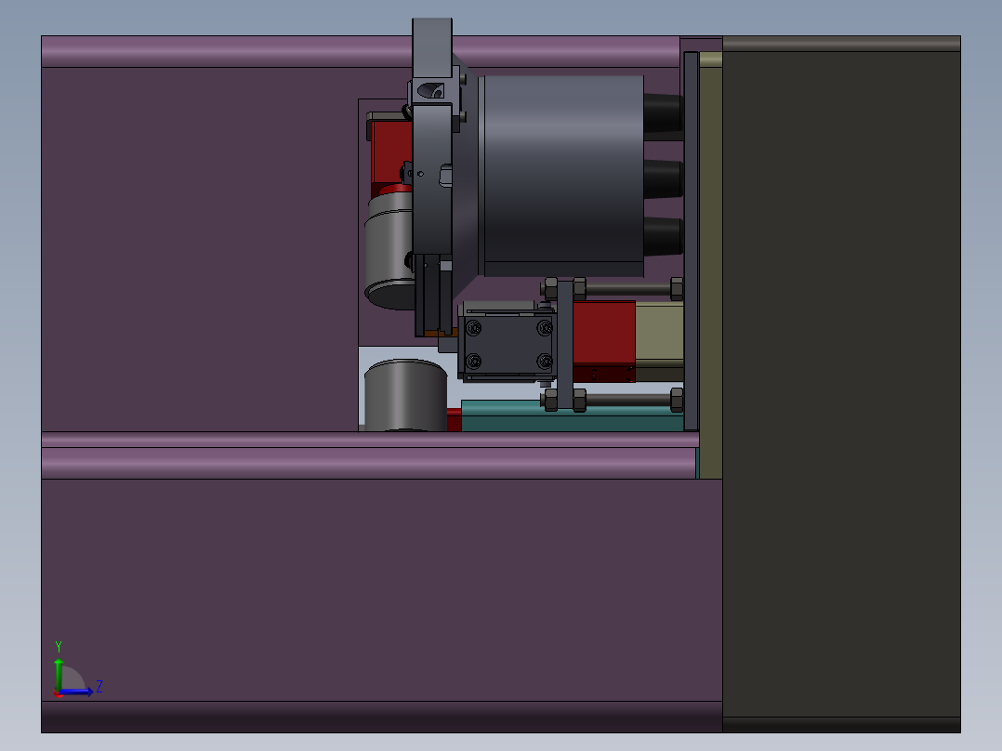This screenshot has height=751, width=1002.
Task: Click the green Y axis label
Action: (x=59, y=646)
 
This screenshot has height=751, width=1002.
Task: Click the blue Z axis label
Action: (x=99, y=687)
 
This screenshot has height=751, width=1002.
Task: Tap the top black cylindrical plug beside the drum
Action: (x=664, y=116)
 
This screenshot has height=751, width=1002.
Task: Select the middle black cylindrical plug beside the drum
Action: (x=664, y=178)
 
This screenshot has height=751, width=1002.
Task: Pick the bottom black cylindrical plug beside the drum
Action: (x=664, y=236)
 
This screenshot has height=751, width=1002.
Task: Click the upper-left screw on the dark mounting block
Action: (x=473, y=328)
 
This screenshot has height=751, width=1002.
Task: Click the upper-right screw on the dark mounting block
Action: (x=545, y=328)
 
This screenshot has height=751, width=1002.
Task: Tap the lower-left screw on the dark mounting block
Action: (x=473, y=362)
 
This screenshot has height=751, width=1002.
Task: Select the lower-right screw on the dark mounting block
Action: (x=545, y=362)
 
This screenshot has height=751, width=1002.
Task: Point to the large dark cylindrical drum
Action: (x=562, y=176)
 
